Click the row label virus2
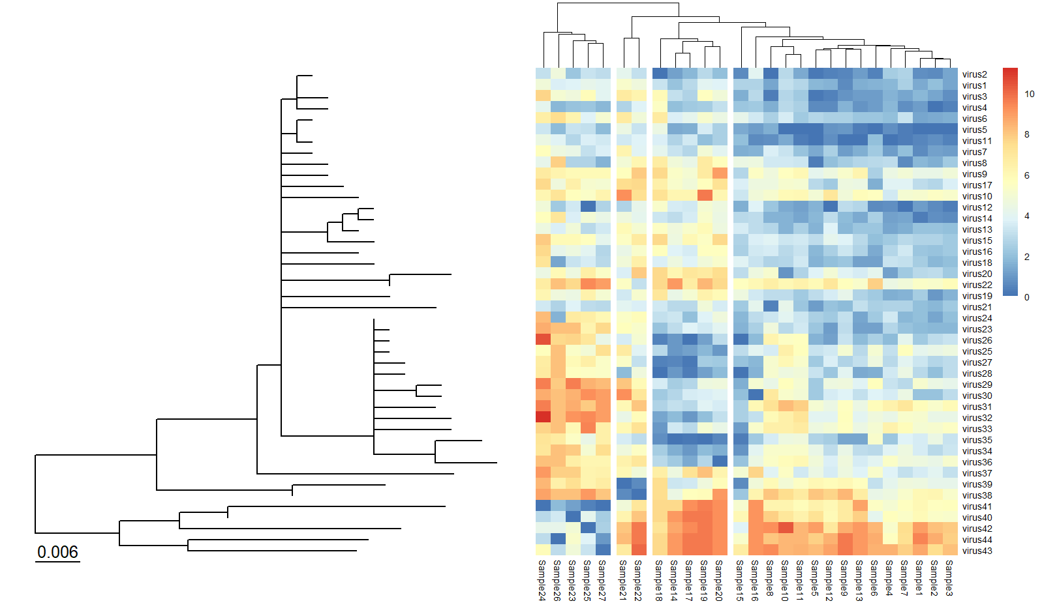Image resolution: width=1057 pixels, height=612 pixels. pos(975,74)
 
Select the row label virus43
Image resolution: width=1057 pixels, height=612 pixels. pos(977,551)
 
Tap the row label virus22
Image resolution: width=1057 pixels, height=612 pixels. pos(977,285)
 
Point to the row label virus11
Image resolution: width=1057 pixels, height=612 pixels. pos(977,141)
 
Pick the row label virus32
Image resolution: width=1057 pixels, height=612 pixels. pos(977,418)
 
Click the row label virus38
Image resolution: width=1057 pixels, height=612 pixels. pos(977,495)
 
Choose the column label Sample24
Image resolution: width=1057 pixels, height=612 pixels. pos(542,580)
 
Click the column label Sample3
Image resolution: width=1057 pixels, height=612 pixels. pos(949,577)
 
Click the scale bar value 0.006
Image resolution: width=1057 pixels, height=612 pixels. pos(57,552)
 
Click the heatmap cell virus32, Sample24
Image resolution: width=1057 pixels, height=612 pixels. pos(543,418)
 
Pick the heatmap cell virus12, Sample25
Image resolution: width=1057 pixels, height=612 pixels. pos(588,207)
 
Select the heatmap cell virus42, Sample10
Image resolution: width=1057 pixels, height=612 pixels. pos(785,529)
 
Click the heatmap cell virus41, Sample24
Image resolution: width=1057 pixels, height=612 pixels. pos(543,506)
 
